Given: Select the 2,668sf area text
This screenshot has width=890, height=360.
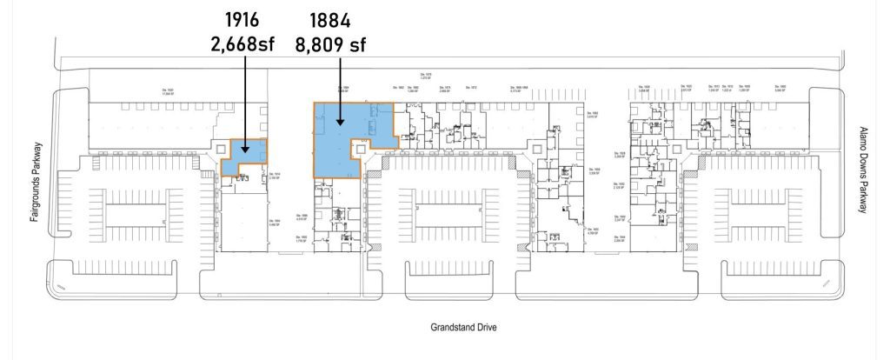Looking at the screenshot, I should tap(243, 42).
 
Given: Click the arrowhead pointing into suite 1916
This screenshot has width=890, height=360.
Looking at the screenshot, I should tap(243, 150).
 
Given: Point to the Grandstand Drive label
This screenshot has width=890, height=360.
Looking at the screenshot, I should tap(467, 328).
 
